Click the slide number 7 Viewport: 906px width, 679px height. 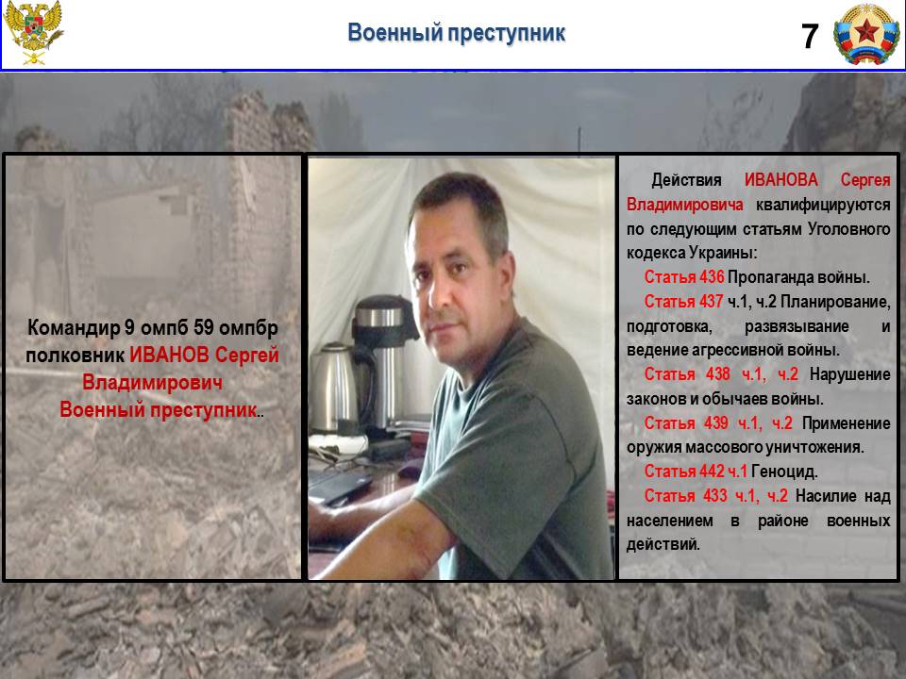point(810,37)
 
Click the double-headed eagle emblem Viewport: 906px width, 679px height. point(33,32)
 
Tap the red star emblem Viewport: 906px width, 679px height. point(866,34)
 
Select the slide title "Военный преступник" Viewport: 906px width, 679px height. point(456,32)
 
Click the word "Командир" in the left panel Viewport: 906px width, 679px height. point(74,328)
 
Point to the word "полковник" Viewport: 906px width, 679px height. point(75,356)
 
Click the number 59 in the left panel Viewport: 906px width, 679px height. point(204,327)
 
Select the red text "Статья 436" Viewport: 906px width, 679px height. point(683,277)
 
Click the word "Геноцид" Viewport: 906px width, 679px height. point(784,472)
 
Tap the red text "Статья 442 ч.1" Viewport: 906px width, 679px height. point(696,472)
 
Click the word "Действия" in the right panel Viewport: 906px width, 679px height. point(686,180)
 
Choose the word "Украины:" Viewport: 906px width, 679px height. point(722,253)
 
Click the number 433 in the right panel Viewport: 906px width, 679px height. point(714,496)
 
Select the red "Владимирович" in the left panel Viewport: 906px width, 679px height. point(152,383)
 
